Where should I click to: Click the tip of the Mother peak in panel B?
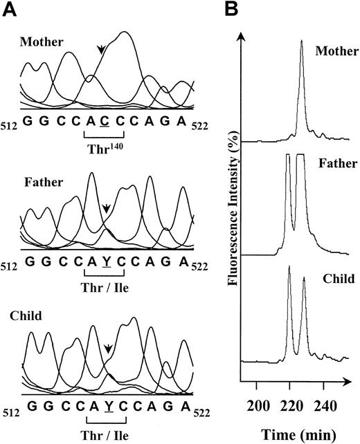(301, 41)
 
